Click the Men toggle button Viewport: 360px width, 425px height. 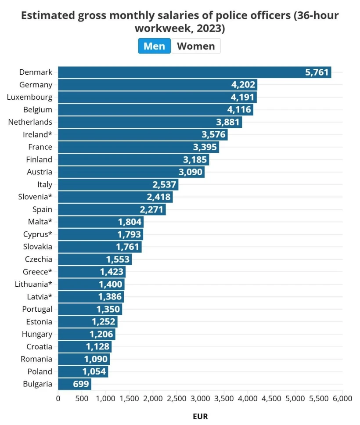[154, 46]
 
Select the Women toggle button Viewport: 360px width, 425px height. [196, 46]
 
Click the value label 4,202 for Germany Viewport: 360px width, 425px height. [243, 85]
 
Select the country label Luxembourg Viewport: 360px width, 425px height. [29, 97]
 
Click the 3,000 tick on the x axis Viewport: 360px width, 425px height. [200, 399]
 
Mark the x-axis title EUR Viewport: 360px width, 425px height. [200, 416]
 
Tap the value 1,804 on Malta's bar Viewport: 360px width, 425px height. [130, 222]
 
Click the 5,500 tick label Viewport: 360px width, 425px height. [319, 399]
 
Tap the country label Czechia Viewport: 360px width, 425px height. [39, 259]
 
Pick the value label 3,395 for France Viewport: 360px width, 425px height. [205, 147]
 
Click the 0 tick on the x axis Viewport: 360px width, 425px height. [58, 399]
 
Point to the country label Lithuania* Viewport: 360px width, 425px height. [33, 284]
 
